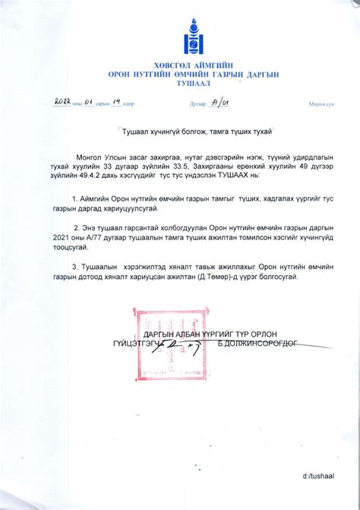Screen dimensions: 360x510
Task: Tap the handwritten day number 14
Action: click(x=119, y=102)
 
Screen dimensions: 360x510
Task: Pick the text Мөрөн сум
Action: click(x=321, y=103)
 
